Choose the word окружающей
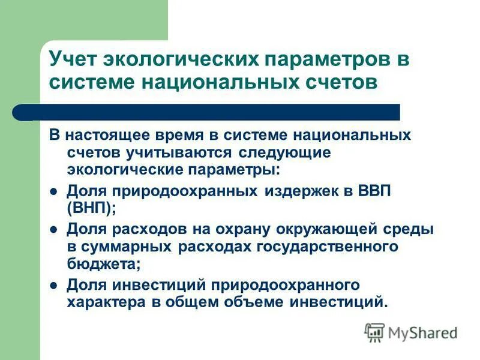click(327, 229)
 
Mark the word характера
click(104, 301)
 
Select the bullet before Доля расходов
click(53, 230)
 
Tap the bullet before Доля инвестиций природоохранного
click(53, 285)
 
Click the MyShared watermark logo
click(412, 332)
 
